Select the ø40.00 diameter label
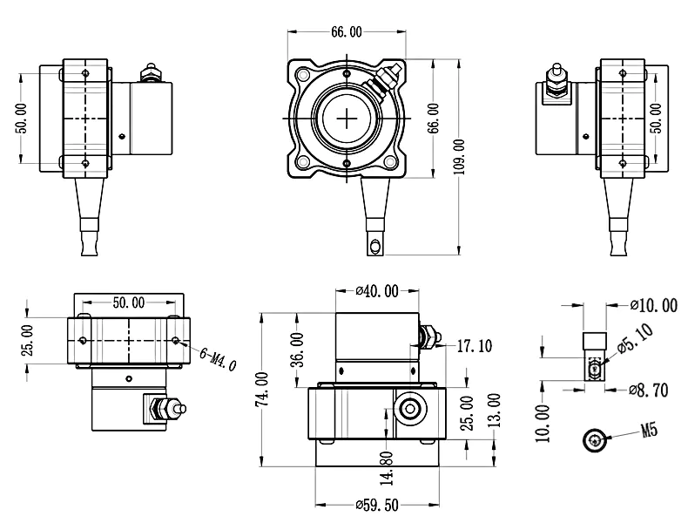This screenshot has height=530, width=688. point(377,291)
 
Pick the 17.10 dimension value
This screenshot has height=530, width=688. point(474,346)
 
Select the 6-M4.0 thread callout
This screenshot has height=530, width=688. point(218,356)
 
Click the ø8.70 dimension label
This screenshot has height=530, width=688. point(652,390)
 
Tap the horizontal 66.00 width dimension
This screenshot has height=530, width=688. point(346,32)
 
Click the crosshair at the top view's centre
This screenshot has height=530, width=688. point(347,118)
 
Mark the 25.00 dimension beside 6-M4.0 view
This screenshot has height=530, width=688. point(27,340)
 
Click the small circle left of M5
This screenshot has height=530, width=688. point(595,441)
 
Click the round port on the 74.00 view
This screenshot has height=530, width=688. point(408,408)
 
